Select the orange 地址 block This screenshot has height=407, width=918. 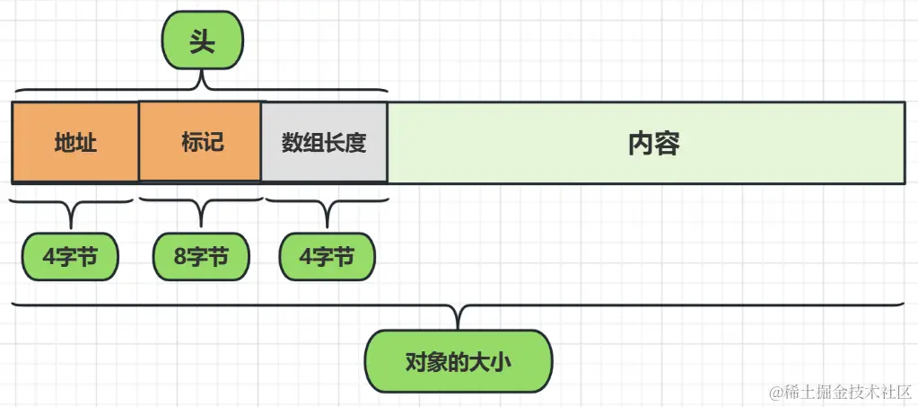click(x=75, y=143)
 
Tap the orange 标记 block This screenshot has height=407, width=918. click(x=200, y=143)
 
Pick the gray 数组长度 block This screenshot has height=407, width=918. click(x=324, y=143)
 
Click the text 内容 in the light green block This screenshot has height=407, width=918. click(x=653, y=143)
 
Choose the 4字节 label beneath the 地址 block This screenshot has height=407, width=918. click(x=70, y=258)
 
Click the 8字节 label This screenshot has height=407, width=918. click(x=201, y=258)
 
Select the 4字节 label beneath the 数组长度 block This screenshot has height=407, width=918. click(x=327, y=258)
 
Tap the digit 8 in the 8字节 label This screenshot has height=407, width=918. click(x=180, y=258)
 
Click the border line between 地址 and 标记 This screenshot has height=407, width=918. click(x=139, y=143)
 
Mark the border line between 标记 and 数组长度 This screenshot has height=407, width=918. click(x=261, y=143)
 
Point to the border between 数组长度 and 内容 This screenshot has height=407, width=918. click(x=388, y=143)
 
